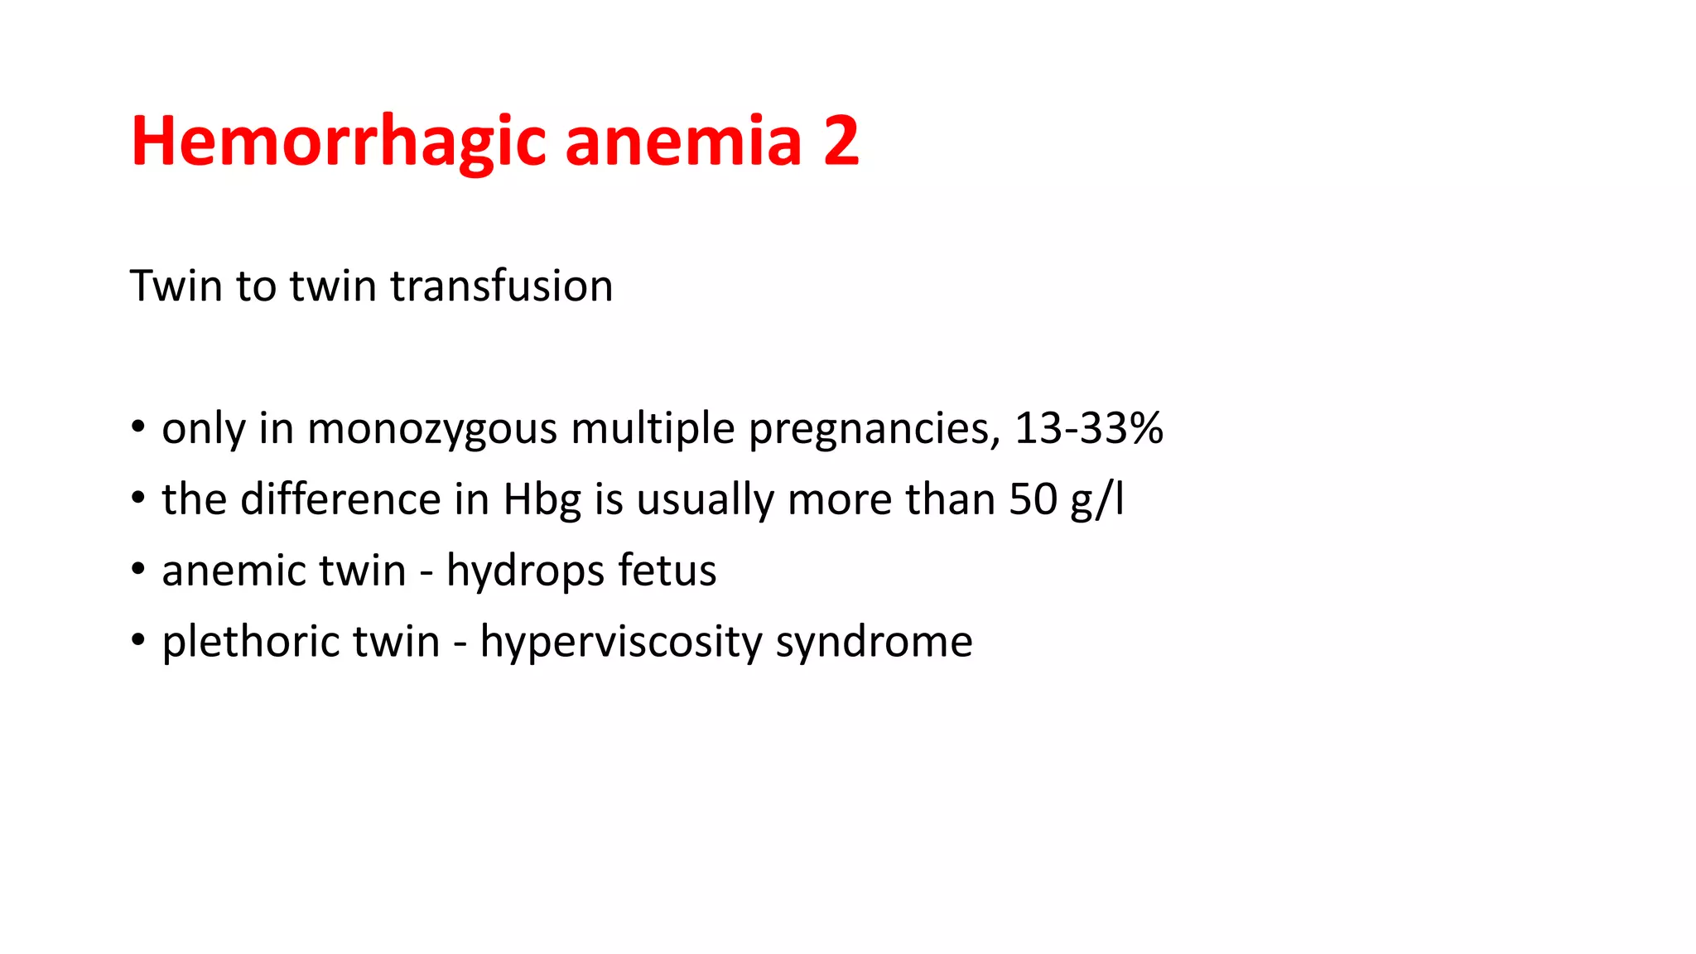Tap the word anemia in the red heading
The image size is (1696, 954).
tap(683, 141)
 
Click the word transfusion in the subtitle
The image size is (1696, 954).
tap(501, 287)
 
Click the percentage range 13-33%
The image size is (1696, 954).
tap(1088, 429)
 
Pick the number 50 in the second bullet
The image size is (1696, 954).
tap(1033, 499)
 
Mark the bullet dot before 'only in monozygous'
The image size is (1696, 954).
tap(138, 428)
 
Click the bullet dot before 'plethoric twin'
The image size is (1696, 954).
tap(138, 640)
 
